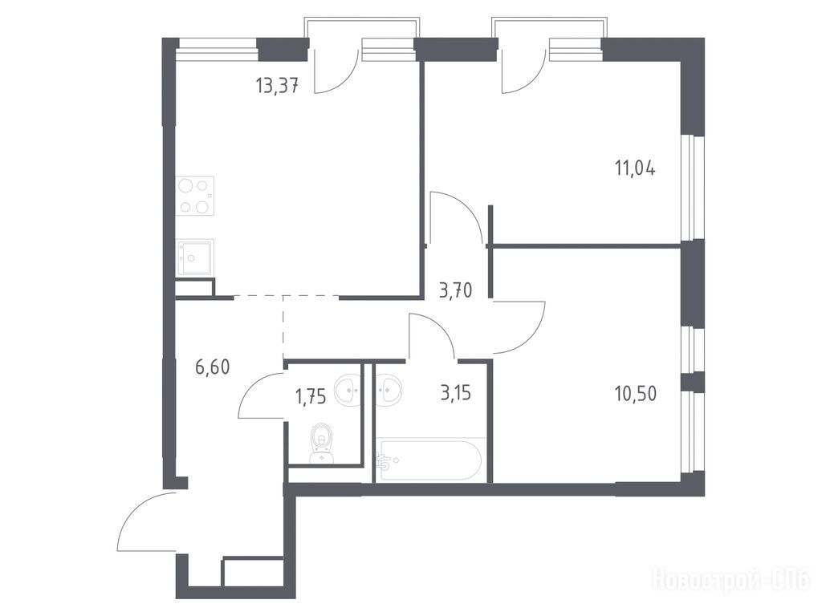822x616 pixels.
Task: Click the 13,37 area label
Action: [x=277, y=84]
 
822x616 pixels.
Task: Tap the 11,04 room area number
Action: [x=634, y=168]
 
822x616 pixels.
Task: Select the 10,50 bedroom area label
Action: [x=635, y=393]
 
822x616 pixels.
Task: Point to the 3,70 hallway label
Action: [x=456, y=290]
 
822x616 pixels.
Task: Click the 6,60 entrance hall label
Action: [x=212, y=367]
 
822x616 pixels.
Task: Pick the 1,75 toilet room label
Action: [x=311, y=396]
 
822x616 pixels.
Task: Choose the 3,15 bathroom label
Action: [x=456, y=393]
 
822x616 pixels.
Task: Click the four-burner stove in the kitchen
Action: [x=195, y=196]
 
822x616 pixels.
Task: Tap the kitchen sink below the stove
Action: [x=195, y=257]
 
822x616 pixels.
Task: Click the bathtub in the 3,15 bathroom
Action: [x=430, y=460]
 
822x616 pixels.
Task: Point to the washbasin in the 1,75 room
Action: [x=347, y=389]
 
